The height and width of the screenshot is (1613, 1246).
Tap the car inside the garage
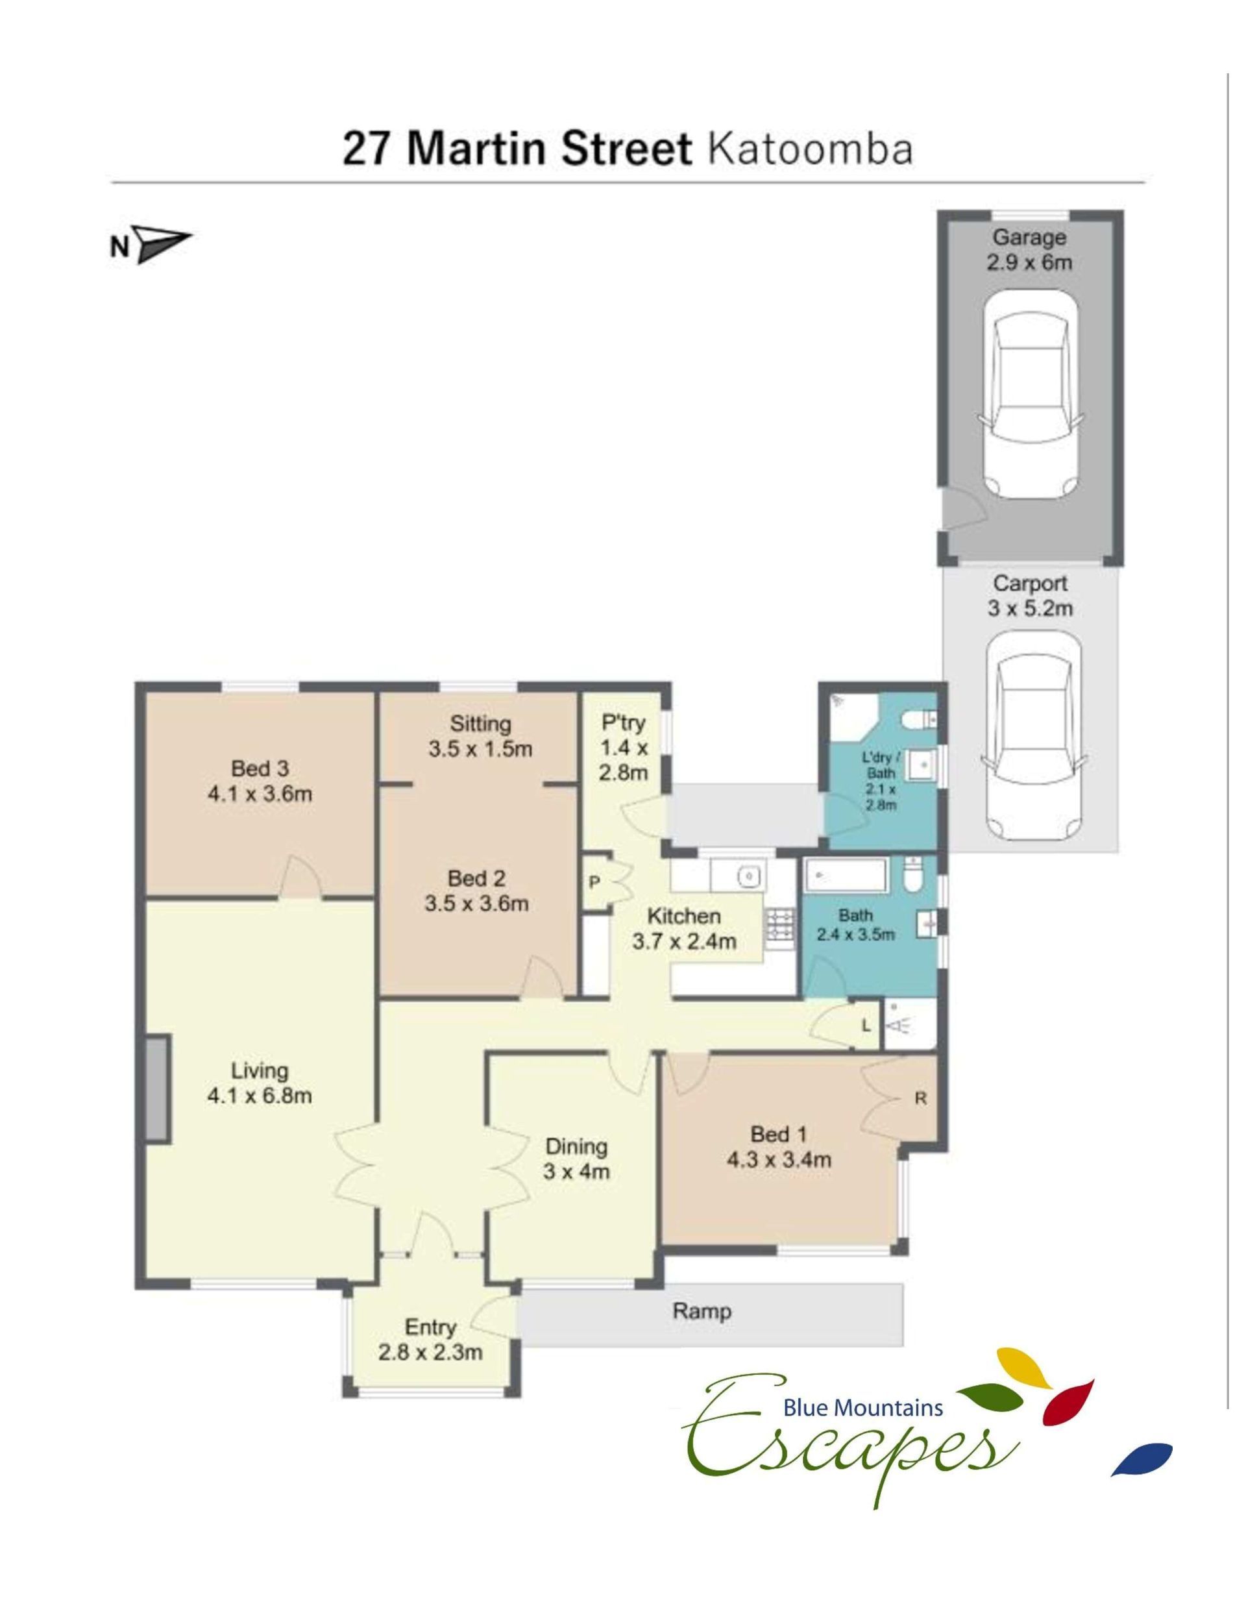tap(1030, 393)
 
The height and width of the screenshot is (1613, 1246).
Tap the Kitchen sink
tap(748, 876)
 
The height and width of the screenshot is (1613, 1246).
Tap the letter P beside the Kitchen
tap(593, 882)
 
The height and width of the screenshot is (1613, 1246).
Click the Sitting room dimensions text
tap(480, 749)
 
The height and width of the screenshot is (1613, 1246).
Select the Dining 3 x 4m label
tap(576, 1159)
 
